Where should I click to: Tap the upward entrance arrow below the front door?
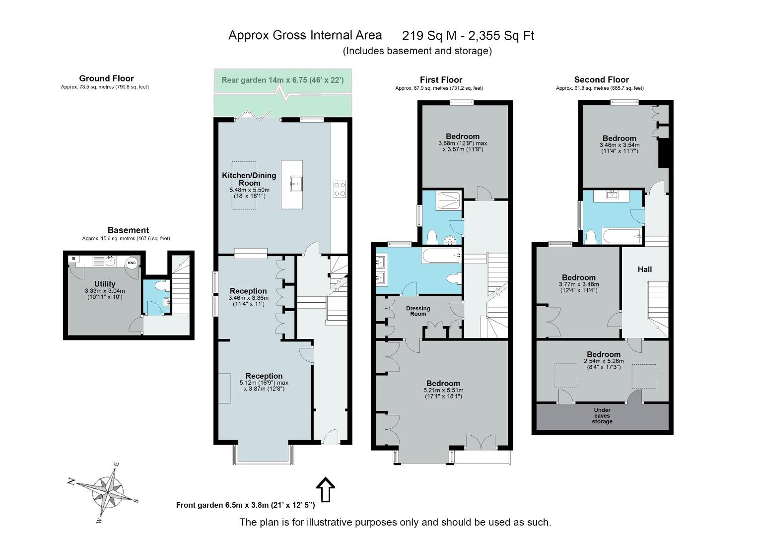pyautogui.click(x=326, y=489)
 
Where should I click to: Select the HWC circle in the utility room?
pyautogui.click(x=131, y=263)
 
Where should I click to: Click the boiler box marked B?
pyautogui.click(x=74, y=259)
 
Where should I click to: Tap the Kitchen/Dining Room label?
pyautogui.click(x=249, y=179)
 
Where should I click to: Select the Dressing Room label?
pyautogui.click(x=418, y=311)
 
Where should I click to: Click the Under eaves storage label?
pyautogui.click(x=602, y=415)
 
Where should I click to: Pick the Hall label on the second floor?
pyautogui.click(x=645, y=269)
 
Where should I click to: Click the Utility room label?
pyautogui.click(x=105, y=284)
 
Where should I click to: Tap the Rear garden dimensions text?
pyautogui.click(x=282, y=80)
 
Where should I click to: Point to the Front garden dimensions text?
pyautogui.click(x=245, y=505)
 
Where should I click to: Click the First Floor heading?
pyautogui.click(x=441, y=80)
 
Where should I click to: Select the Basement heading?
pyautogui.click(x=128, y=230)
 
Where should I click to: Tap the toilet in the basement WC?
pyautogui.click(x=161, y=285)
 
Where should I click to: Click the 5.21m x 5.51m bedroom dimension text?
pyautogui.click(x=443, y=390)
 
